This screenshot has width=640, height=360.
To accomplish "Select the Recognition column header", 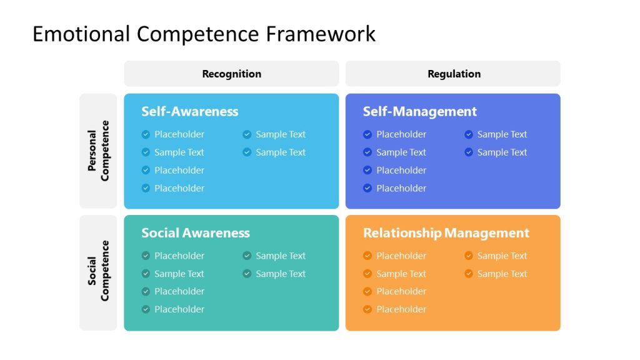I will click(231, 74).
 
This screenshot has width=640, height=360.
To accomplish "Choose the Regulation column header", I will click(454, 74).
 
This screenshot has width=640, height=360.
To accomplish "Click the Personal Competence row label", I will click(98, 151).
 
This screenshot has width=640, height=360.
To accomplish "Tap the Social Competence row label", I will click(98, 271).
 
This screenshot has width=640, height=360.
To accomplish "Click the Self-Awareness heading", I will click(189, 111).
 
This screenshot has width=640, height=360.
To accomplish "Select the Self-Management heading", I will click(419, 111).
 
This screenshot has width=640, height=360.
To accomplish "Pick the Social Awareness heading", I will click(195, 233).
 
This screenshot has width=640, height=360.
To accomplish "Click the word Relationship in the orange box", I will click(402, 233).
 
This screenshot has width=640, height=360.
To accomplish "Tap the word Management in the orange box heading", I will click(487, 233).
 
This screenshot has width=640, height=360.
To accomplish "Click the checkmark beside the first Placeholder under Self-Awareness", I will click(146, 134).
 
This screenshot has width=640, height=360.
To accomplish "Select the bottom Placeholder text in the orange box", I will click(401, 309).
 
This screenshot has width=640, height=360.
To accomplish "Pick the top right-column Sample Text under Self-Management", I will click(502, 134).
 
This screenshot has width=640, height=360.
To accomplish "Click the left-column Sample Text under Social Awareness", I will click(179, 274).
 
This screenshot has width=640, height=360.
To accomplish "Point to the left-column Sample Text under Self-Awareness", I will click(179, 152).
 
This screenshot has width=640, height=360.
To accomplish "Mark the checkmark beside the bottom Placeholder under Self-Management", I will click(367, 188).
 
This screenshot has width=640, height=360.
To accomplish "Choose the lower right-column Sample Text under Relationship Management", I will click(502, 274).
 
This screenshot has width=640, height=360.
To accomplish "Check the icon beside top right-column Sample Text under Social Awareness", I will click(247, 256).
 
